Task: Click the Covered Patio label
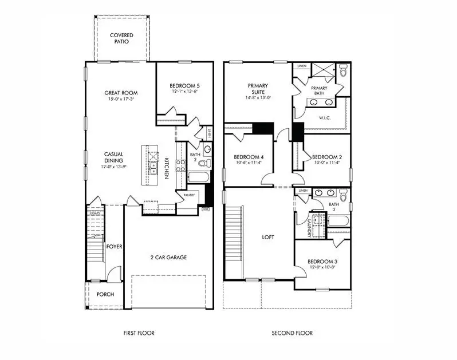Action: click(x=121, y=38)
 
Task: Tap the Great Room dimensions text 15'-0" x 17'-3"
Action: click(x=121, y=99)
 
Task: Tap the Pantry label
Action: click(x=190, y=195)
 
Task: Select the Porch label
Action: click(x=105, y=294)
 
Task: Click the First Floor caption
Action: click(x=139, y=333)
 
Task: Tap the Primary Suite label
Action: click(x=258, y=89)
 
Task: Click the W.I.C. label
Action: click(x=325, y=118)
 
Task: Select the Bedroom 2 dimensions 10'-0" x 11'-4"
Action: click(x=326, y=163)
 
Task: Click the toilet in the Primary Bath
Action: click(x=344, y=72)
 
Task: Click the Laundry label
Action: click(x=309, y=226)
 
